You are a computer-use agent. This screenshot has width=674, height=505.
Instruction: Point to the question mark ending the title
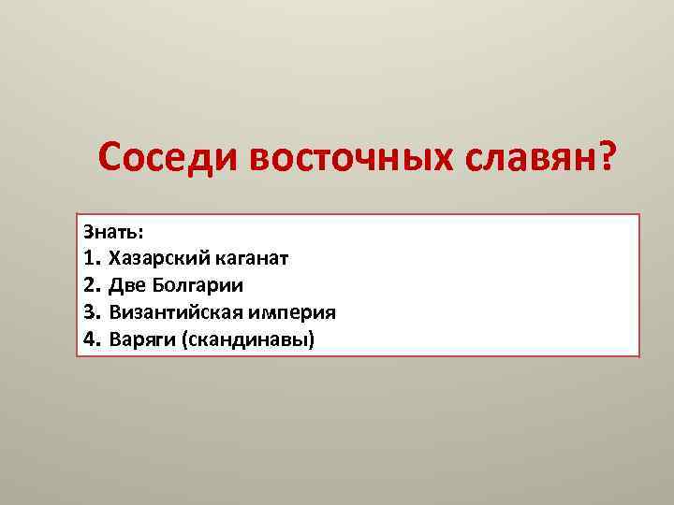pos(608,157)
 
